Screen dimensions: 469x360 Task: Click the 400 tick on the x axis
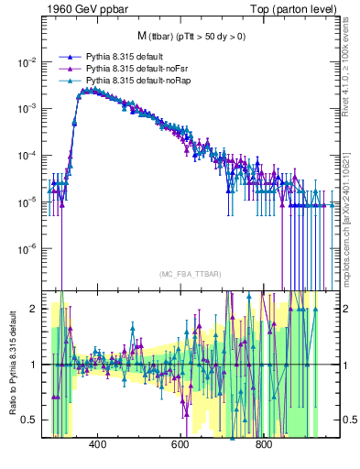click(98, 446)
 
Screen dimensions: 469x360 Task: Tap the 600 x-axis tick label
click(180, 446)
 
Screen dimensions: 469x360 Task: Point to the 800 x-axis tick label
click(263, 446)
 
